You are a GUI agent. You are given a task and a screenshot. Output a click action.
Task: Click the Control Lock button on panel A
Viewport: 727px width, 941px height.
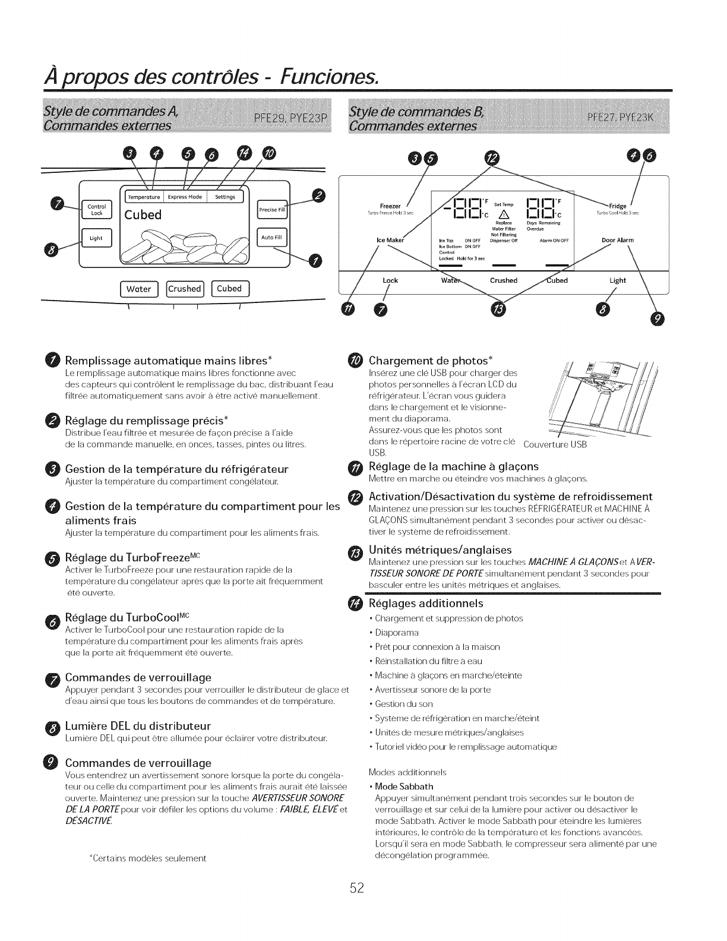pyautogui.click(x=96, y=210)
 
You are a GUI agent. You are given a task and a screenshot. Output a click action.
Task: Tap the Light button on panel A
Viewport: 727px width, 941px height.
pyautogui.click(x=96, y=238)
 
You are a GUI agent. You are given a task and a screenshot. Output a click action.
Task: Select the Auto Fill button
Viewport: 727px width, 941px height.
pyautogui.click(x=272, y=238)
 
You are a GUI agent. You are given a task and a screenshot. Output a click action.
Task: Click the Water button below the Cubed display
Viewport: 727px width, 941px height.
pyautogui.click(x=139, y=289)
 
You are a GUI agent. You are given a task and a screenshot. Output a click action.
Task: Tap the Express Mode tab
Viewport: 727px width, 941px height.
pyautogui.click(x=185, y=197)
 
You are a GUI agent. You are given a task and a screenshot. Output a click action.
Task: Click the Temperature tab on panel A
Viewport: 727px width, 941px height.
pyautogui.click(x=145, y=197)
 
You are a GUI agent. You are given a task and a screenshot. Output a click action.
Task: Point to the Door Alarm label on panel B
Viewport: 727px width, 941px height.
pyautogui.click(x=618, y=240)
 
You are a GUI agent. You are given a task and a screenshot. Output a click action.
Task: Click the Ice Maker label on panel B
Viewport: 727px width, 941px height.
pyautogui.click(x=390, y=240)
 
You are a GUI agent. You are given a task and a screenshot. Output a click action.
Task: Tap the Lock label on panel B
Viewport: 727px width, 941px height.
pyautogui.click(x=390, y=280)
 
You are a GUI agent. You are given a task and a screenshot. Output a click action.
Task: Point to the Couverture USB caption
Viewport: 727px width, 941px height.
pyautogui.click(x=555, y=445)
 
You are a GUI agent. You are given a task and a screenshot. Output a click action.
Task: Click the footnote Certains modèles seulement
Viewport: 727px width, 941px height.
pyautogui.click(x=147, y=858)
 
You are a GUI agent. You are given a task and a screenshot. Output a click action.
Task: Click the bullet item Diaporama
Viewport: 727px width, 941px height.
pyautogui.click(x=397, y=632)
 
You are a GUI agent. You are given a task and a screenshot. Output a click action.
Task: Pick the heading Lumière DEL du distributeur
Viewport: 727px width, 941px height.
pyautogui.click(x=138, y=726)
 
